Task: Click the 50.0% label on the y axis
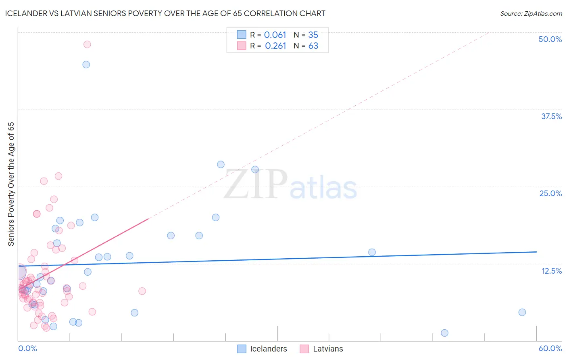click(x=550, y=39)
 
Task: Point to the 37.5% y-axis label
click(x=551, y=116)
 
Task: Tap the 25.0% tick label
click(x=550, y=193)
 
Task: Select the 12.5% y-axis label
click(x=551, y=271)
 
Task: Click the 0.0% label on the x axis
click(x=27, y=348)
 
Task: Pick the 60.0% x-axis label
click(x=550, y=348)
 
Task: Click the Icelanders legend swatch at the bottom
click(x=242, y=349)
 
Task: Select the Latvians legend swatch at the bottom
click(x=304, y=349)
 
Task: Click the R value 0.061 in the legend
click(x=275, y=35)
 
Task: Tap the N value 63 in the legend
click(x=313, y=46)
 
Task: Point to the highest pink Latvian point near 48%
click(x=87, y=44)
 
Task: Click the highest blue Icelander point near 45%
click(x=86, y=65)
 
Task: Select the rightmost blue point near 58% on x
click(x=522, y=312)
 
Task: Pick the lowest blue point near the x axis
click(x=444, y=333)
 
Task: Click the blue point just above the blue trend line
click(x=372, y=252)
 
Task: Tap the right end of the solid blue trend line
click(x=536, y=252)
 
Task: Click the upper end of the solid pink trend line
click(x=148, y=219)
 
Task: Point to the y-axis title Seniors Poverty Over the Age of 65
click(x=11, y=184)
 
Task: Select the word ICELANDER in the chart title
click(x=25, y=14)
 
